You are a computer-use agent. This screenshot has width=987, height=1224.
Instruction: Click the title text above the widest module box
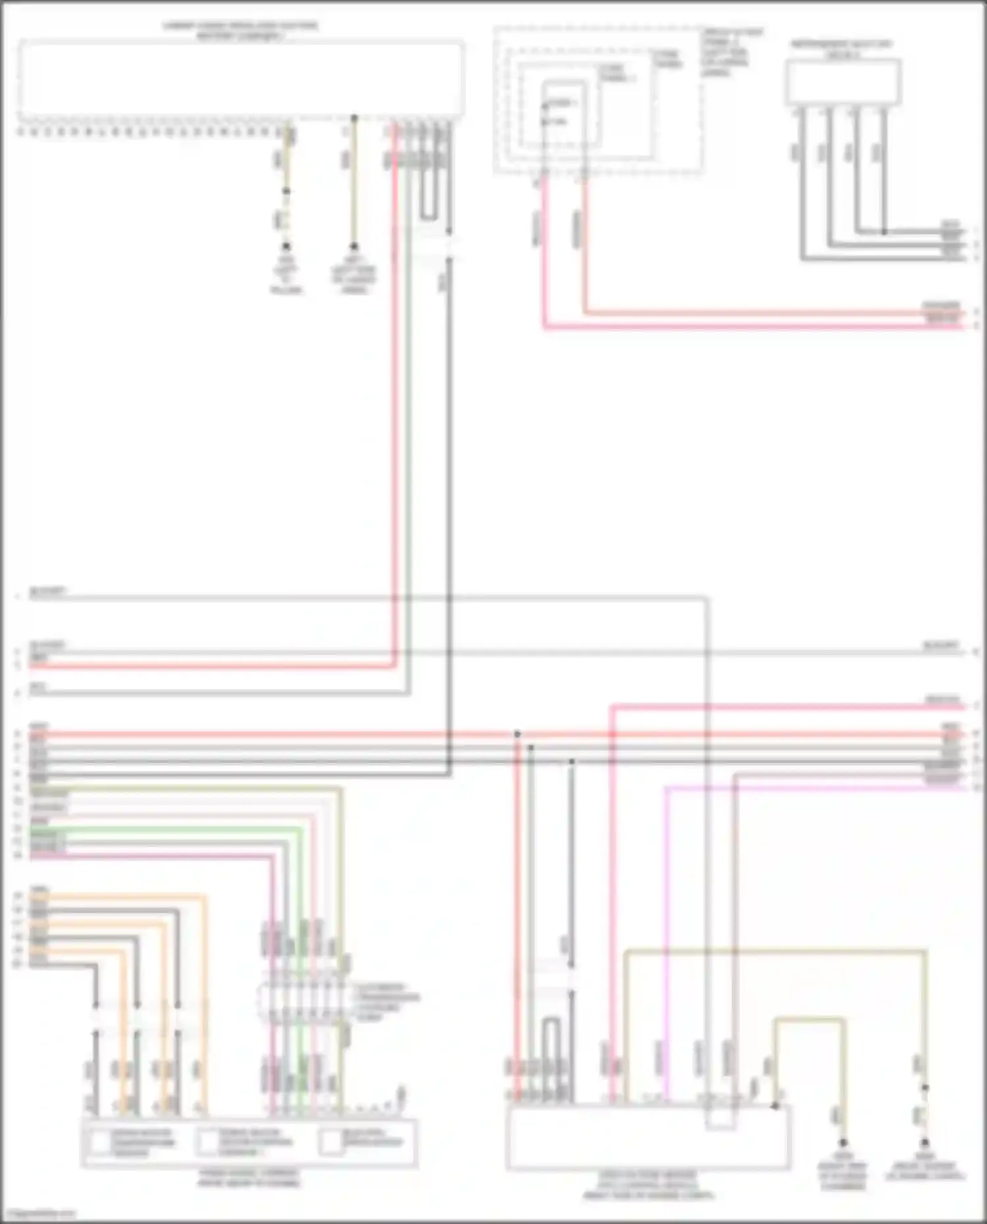click(x=241, y=30)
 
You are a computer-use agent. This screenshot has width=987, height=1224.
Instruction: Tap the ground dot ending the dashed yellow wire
click(x=286, y=247)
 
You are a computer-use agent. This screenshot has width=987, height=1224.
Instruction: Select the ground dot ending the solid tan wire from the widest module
click(x=354, y=247)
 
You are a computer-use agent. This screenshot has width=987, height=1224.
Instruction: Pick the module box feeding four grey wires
click(x=843, y=82)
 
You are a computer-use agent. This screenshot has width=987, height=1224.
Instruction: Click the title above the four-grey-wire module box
click(x=842, y=49)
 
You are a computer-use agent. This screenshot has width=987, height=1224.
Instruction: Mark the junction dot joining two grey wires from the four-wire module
click(x=884, y=232)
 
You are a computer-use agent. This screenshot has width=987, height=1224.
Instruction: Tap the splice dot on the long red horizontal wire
click(x=517, y=733)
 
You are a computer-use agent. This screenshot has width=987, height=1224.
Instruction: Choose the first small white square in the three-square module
click(x=99, y=1143)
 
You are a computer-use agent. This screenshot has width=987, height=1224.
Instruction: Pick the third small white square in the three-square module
click(x=331, y=1143)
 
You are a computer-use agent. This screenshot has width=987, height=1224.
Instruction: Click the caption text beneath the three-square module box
click(x=248, y=1178)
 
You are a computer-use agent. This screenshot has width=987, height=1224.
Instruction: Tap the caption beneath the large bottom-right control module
click(x=647, y=1185)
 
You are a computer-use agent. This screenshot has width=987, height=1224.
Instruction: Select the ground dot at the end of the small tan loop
click(x=843, y=1144)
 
